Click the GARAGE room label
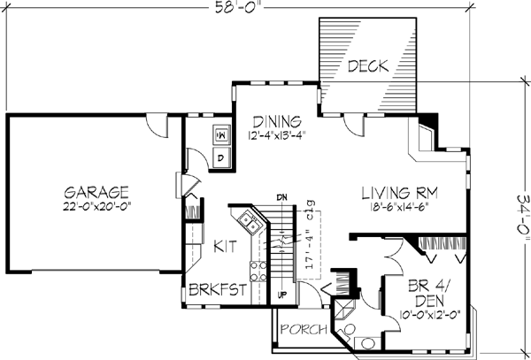pos(97,192)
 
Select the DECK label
pos(364,65)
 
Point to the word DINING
pos(278,121)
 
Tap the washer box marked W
pos(221,136)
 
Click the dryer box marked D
pos(221,157)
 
